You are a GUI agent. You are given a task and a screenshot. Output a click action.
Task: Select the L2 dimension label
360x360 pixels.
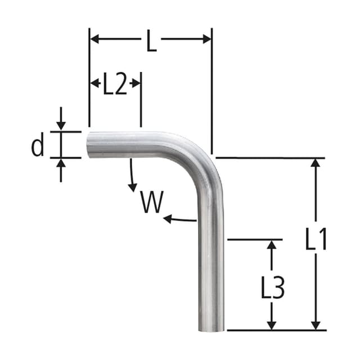(115, 85)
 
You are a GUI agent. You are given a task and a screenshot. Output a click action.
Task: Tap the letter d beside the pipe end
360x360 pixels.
(38, 147)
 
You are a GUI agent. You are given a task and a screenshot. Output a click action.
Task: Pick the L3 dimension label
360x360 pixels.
(273, 288)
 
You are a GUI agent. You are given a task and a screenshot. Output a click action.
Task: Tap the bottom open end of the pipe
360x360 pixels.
(213, 330)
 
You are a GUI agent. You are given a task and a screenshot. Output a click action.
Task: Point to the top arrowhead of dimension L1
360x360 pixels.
(316, 164)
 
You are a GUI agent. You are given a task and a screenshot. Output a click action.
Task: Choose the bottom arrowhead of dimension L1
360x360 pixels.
(316, 325)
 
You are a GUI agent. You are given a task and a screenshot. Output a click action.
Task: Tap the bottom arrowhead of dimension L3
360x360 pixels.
(272, 325)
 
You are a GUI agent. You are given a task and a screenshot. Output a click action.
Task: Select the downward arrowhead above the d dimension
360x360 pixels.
(61, 126)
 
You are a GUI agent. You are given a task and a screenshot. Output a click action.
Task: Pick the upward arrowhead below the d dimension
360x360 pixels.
(61, 163)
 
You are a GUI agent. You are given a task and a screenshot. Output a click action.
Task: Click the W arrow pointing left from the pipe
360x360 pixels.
(168, 218)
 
